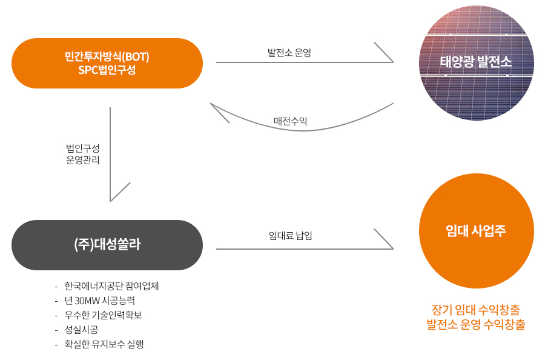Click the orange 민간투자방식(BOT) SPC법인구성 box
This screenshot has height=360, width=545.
coord(107,63)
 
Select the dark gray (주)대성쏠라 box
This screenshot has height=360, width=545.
coord(107,245)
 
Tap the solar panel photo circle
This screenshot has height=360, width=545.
coord(476,62)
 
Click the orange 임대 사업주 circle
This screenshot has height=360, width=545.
coord(476,231)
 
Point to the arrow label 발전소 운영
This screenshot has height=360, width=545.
coord(289,53)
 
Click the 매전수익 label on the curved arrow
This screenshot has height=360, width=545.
coord(290,121)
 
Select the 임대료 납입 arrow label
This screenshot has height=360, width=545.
coord(290,236)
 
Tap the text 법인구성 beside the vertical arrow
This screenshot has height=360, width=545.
coord(83,148)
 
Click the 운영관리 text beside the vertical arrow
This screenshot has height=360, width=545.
coord(83,160)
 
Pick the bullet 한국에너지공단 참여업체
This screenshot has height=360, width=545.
coord(111,286)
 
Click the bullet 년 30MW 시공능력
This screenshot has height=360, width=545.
coord(100,301)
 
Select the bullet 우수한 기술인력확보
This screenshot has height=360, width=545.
coord(103,315)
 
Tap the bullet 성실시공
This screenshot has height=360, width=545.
coord(81,329)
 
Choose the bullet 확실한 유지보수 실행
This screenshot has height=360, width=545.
coord(104,344)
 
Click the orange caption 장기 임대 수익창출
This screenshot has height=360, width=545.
coord(476,309)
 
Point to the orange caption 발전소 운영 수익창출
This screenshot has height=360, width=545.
coord(476,324)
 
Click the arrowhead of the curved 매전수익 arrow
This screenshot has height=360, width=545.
coord(211,103)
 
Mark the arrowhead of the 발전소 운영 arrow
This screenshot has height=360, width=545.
coord(393,62)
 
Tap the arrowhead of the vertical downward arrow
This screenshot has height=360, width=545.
coord(111,201)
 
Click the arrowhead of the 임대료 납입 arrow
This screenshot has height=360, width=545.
coord(393,248)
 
